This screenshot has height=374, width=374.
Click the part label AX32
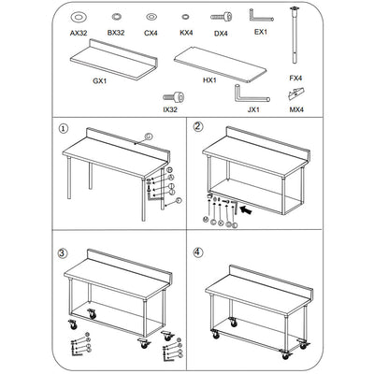tap(79, 32)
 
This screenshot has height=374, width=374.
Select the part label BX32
tap(116, 32)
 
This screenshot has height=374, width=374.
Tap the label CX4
tap(151, 32)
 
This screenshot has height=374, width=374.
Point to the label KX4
tap(186, 32)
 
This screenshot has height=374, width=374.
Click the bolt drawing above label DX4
tap(222, 17)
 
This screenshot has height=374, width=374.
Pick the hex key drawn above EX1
tap(261, 16)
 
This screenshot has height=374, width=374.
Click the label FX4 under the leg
tap(295, 78)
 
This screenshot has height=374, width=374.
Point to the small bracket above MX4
tap(296, 93)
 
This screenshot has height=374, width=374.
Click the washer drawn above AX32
tap(79, 17)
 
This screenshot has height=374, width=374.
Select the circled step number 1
tap(65, 129)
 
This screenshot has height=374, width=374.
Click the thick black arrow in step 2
tap(246, 211)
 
